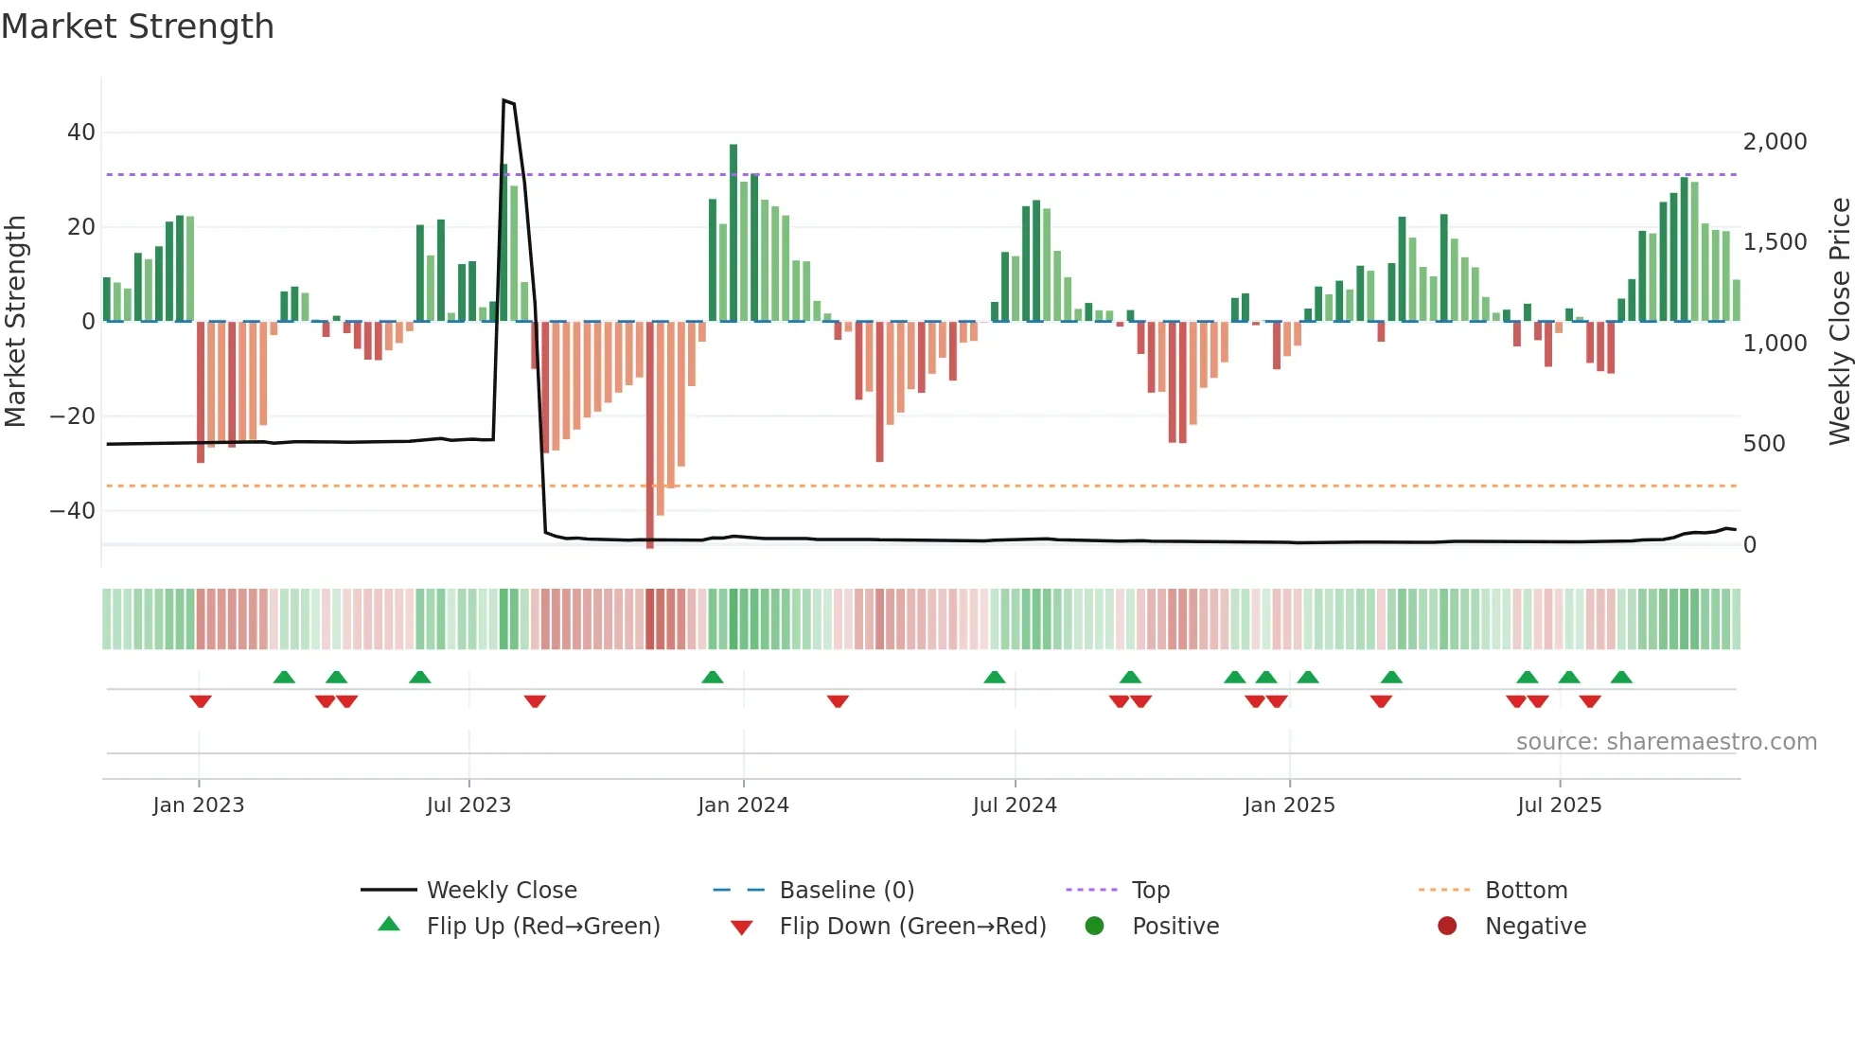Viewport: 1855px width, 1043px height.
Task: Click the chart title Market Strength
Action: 137,27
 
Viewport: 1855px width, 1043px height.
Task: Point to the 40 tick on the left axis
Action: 80,133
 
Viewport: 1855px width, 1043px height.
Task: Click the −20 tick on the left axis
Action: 73,416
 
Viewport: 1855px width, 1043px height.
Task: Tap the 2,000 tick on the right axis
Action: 1775,142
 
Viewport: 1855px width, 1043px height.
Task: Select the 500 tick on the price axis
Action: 1764,444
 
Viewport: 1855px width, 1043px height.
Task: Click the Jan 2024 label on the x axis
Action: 743,805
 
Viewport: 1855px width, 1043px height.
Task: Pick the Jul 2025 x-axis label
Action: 1559,805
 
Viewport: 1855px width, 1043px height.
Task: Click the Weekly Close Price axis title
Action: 1839,322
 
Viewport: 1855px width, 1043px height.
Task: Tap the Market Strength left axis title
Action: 16,322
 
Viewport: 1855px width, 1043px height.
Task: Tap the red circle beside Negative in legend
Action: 1447,927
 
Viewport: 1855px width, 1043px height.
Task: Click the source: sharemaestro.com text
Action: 1666,742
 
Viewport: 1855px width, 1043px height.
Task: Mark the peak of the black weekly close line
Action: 504,100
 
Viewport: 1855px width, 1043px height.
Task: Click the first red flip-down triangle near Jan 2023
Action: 200,701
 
